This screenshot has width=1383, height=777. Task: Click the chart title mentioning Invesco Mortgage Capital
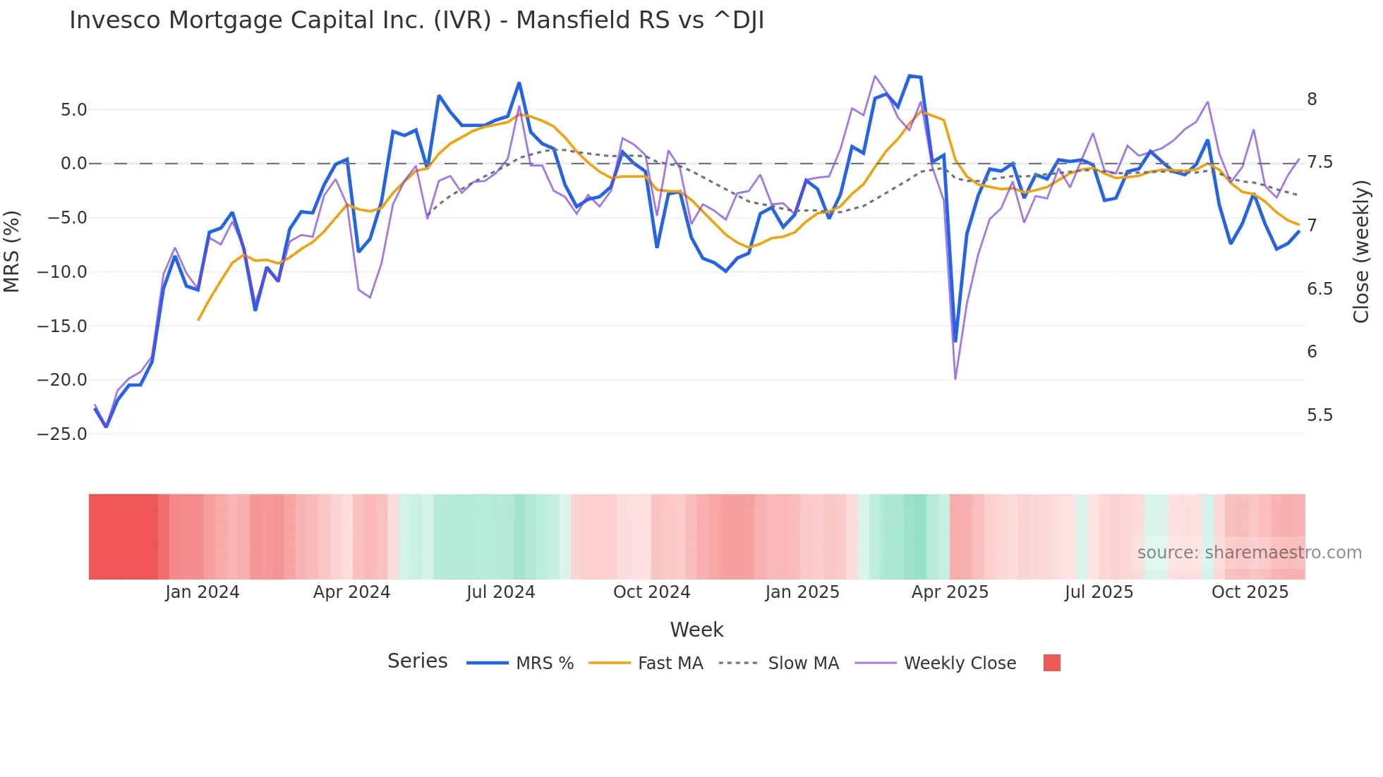416,20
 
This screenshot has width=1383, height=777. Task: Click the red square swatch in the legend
1051,663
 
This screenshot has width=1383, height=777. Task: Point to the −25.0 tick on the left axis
62,434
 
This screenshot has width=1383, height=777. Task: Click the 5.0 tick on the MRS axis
73,110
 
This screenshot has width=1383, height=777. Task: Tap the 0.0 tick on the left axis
73,164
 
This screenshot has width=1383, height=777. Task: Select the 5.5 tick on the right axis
1319,415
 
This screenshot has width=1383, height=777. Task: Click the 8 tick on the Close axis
1312,99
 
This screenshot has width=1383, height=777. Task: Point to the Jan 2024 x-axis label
203,592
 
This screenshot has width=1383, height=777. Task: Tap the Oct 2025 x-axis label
1250,592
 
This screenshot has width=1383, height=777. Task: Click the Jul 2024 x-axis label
500,592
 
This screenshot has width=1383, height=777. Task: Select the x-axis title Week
696,630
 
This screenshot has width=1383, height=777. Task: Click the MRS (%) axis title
12,251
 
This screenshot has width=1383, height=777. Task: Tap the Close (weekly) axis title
1361,251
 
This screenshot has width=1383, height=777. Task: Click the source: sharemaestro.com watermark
1249,553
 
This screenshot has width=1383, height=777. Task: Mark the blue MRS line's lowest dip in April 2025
955,342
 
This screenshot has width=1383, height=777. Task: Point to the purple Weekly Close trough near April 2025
955,379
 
